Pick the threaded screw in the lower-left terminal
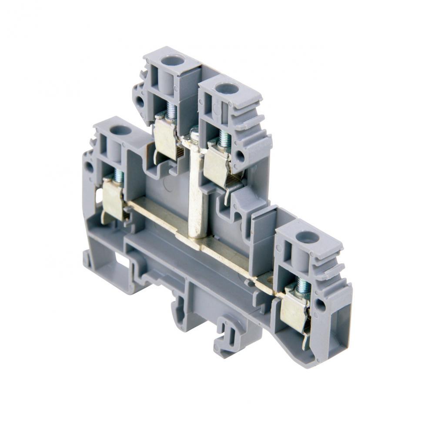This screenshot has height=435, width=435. (119, 176)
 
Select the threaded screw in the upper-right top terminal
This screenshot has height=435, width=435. (224, 138)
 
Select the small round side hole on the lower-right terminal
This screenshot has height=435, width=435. (322, 304)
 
